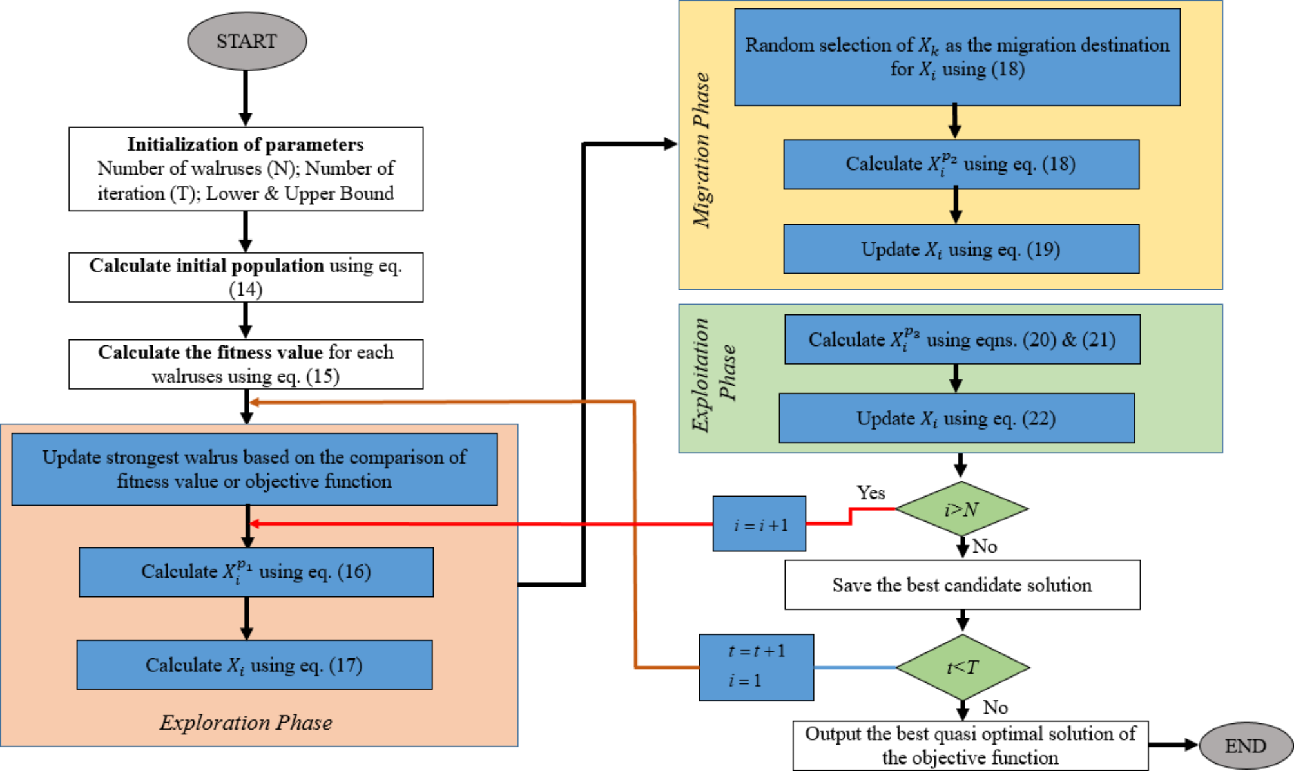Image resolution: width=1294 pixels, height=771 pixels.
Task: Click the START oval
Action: [x=247, y=41]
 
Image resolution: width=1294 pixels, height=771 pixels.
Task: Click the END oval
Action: [x=1246, y=745]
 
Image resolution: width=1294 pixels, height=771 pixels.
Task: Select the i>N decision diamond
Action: [x=961, y=509]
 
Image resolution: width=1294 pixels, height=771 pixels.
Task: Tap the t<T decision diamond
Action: [x=962, y=667]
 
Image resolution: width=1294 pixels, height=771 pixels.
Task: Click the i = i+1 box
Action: [x=759, y=524]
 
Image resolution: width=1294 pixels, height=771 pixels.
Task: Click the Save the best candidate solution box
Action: [x=962, y=585]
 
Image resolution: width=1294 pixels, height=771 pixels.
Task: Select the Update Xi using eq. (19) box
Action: [x=961, y=249]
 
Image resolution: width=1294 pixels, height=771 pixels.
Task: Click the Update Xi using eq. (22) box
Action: [x=956, y=419]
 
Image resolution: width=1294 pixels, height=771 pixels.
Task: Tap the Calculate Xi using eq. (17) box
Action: [x=255, y=665]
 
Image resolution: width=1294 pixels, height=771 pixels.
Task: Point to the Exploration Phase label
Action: [x=246, y=723]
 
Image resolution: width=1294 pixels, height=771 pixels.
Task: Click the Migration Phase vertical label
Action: [x=701, y=149]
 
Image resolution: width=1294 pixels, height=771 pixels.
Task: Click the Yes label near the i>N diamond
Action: [x=871, y=493]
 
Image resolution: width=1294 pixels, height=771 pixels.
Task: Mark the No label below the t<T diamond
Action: [x=995, y=707]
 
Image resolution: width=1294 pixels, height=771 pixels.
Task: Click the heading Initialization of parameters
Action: [x=246, y=144]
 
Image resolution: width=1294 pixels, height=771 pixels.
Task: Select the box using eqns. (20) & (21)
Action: [x=962, y=339]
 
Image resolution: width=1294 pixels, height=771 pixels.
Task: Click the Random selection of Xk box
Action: [x=957, y=57]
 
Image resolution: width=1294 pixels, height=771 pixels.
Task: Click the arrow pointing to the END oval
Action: [x=1173, y=745]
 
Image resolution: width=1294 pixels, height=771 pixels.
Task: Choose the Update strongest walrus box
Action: [x=255, y=469]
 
